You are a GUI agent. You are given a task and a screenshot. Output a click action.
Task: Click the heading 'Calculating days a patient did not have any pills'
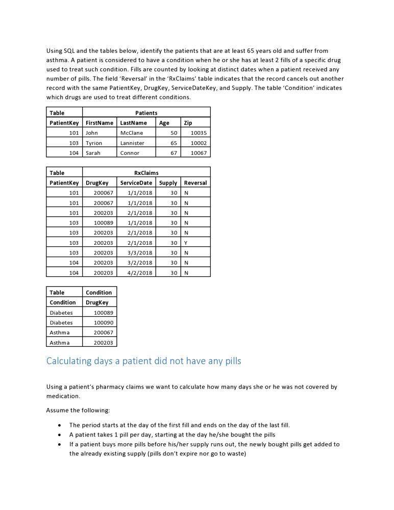point(143,361)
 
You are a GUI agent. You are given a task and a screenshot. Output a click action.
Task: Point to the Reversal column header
point(195,183)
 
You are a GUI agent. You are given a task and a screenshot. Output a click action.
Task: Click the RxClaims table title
point(146,173)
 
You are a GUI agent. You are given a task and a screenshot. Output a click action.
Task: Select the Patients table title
point(146,113)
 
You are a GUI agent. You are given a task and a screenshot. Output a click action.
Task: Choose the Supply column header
point(168,183)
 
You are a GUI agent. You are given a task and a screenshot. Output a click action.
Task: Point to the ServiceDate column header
point(136,183)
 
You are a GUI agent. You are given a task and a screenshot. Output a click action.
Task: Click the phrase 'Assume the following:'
point(78,410)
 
